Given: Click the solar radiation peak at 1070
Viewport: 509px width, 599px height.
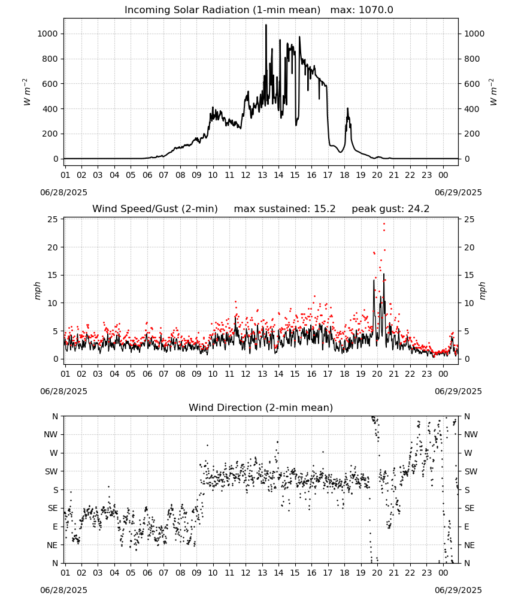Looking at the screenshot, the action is pos(266,25).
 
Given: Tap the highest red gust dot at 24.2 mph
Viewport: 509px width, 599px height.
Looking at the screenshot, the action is pos(384,224).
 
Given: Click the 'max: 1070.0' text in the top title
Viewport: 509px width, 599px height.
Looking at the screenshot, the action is pos(362,10).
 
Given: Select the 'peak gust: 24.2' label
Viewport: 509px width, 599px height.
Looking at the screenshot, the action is pos(390,209).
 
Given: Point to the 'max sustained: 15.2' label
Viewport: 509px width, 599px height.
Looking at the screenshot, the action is pos(284,209).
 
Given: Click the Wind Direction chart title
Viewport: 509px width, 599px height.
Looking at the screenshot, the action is pos(261,407).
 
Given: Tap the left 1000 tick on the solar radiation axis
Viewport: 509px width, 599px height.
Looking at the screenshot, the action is pos(47,34).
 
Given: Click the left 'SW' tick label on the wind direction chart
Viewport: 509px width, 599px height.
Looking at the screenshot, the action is pos(51,471).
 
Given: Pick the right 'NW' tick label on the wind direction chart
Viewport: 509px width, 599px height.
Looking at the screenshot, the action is pos(471,434).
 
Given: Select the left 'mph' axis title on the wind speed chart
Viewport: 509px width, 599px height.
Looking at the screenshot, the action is pos(37,291).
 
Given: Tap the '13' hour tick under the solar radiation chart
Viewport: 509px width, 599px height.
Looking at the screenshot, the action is pos(262,175).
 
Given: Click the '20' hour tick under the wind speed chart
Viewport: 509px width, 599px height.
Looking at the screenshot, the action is pos(377,374).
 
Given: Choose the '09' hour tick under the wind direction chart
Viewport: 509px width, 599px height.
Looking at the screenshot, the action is pos(196,573).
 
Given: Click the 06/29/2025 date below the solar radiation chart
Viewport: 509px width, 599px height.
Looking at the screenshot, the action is pos(458,192).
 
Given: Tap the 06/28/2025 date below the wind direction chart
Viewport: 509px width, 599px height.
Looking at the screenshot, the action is pos(63,590).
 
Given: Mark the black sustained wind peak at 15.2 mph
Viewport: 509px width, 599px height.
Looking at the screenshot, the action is pos(384,274).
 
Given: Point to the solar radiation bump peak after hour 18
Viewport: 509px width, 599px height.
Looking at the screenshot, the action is pos(348,109).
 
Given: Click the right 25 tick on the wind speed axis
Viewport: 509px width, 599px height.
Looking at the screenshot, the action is pos(469,219).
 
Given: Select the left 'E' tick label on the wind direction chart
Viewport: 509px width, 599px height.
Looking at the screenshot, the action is pos(55,527).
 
